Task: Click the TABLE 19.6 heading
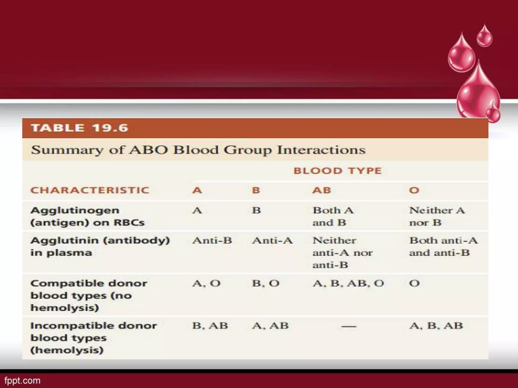[x=79, y=128]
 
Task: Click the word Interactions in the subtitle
[x=321, y=150]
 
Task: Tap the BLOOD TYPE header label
[x=337, y=171]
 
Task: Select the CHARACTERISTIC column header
[x=90, y=190]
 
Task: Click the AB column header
[x=321, y=190]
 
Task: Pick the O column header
[x=414, y=190]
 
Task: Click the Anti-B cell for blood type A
[x=212, y=240]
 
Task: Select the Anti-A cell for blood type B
[x=272, y=240]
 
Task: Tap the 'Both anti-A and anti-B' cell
[x=443, y=246]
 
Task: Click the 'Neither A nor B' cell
[x=437, y=216]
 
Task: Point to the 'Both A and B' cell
[x=333, y=216]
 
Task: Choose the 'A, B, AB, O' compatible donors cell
[x=348, y=283]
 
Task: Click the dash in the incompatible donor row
[x=349, y=326]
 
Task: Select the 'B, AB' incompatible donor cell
[x=210, y=326]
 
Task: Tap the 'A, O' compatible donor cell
[x=206, y=283]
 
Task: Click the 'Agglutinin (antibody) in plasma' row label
[x=100, y=246]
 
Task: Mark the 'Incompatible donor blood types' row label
[x=94, y=338]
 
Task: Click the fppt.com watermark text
[x=22, y=380]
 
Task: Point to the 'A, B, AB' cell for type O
[x=436, y=326]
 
